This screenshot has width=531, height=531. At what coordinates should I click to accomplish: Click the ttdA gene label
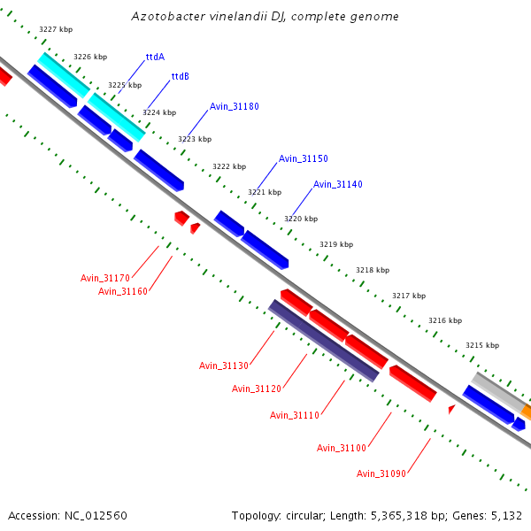(x=156, y=57)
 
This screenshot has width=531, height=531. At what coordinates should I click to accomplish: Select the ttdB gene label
(x=181, y=76)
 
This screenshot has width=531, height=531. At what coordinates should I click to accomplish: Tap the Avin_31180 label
(x=234, y=106)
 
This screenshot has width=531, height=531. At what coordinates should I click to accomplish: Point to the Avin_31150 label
(x=303, y=158)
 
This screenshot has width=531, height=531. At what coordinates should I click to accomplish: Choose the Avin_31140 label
(x=337, y=184)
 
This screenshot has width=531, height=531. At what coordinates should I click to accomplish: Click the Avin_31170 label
(x=105, y=278)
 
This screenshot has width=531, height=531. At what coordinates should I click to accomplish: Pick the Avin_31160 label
(x=123, y=291)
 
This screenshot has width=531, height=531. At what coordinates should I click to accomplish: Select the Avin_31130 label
(x=224, y=366)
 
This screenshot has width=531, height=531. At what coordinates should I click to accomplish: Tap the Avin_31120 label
(x=257, y=389)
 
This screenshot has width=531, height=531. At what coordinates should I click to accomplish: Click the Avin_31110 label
(x=295, y=415)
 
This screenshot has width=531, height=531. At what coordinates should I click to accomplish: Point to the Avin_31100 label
(x=342, y=448)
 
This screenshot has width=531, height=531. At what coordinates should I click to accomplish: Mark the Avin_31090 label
(x=381, y=473)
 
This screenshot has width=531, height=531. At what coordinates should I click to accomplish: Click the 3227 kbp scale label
(x=56, y=29)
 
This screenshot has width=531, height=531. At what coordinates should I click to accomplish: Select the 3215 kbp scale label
(x=482, y=345)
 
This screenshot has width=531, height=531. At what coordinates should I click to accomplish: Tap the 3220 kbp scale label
(x=301, y=219)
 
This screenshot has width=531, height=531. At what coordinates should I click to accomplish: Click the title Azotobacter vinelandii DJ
(x=265, y=17)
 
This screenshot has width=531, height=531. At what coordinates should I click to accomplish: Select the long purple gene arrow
(x=324, y=340)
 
